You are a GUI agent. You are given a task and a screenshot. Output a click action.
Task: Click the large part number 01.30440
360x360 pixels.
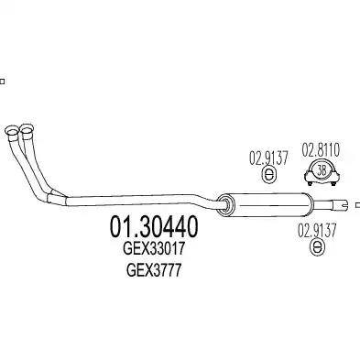(x=154, y=227)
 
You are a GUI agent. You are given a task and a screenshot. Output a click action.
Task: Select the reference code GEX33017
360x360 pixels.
(x=154, y=249)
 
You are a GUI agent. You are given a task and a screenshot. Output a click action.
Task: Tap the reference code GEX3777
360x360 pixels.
(x=154, y=270)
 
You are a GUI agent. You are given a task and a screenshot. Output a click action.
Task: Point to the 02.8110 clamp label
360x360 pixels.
(x=321, y=150)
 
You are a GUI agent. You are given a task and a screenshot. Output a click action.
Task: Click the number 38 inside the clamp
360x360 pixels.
(x=322, y=170)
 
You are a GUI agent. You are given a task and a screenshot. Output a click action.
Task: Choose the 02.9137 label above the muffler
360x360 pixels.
(x=268, y=158)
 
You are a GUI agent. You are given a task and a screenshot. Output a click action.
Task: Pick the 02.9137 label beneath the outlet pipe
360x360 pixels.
(x=317, y=230)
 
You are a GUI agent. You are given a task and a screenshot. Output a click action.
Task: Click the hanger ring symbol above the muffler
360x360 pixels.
(x=268, y=175)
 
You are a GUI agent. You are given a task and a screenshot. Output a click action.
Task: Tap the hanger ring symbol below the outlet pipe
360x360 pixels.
(x=317, y=246)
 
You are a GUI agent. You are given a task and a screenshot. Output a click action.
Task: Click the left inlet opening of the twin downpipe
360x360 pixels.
(x=12, y=130)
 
